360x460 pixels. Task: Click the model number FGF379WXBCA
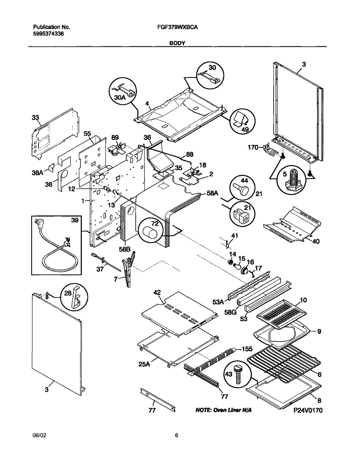click(x=177, y=27)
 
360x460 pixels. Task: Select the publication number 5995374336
click(x=49, y=33)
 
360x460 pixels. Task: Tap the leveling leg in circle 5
click(x=294, y=180)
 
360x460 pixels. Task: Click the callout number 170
click(x=253, y=147)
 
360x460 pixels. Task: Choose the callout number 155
click(x=247, y=349)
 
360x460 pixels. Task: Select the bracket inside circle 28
click(x=76, y=297)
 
